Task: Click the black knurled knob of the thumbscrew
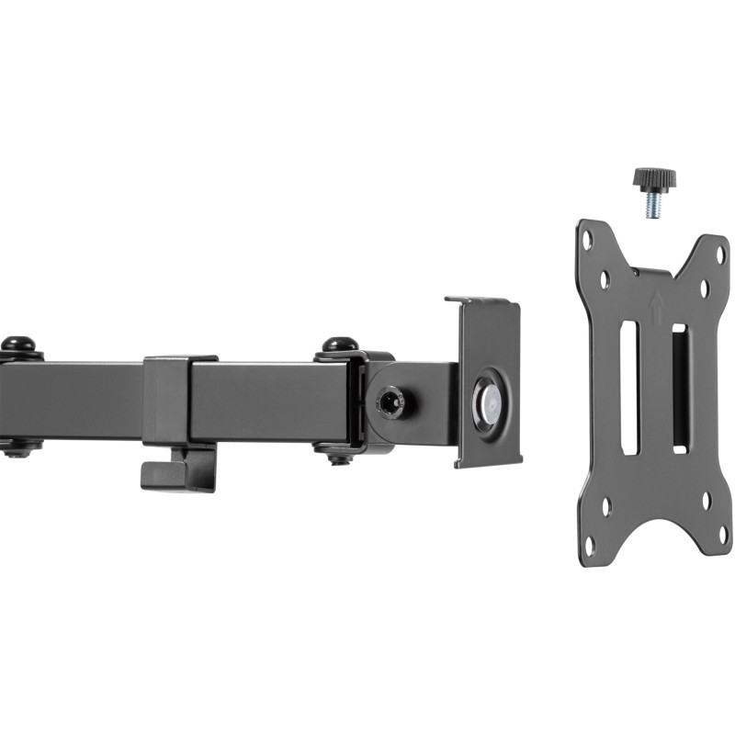point(651,176)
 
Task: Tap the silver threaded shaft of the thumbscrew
point(652,205)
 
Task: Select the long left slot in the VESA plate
point(629,387)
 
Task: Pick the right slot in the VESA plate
point(679,387)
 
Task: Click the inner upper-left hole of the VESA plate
point(605,278)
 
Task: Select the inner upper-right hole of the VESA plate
point(704,288)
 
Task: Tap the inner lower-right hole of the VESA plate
point(706,501)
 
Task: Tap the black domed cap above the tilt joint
point(340,345)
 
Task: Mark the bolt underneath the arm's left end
point(17,449)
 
